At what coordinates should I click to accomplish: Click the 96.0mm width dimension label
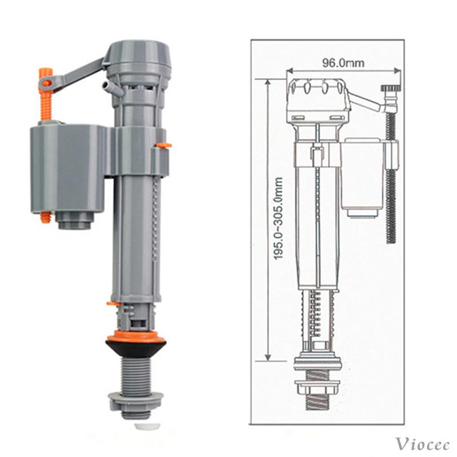[343, 63]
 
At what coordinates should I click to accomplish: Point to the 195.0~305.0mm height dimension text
[278, 218]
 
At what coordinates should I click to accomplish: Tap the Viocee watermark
[422, 444]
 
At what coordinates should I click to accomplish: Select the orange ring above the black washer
[135, 336]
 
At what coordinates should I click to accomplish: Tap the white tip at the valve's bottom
[147, 426]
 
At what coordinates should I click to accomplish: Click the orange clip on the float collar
[163, 145]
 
